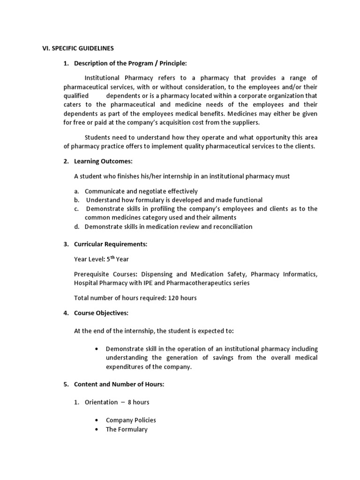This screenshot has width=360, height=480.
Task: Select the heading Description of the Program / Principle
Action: [130, 63]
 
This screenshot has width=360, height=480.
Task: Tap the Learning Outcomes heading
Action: [103, 161]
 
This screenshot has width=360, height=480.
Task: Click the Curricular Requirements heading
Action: [111, 244]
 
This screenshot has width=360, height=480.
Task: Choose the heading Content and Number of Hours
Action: [119, 384]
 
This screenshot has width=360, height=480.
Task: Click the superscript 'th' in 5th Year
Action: [112, 257]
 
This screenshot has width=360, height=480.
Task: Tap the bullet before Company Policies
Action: [96, 420]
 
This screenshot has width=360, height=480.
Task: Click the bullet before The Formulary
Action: [96, 429]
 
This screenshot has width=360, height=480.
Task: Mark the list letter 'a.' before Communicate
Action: [77, 191]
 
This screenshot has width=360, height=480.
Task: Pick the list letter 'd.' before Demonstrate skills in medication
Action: [77, 226]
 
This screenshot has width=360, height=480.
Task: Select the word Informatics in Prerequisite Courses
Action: [300, 274]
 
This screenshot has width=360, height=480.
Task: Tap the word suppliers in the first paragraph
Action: [244, 122]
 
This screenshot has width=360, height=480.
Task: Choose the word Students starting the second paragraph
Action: [98, 137]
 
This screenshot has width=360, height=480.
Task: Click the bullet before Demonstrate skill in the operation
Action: [96, 349]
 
